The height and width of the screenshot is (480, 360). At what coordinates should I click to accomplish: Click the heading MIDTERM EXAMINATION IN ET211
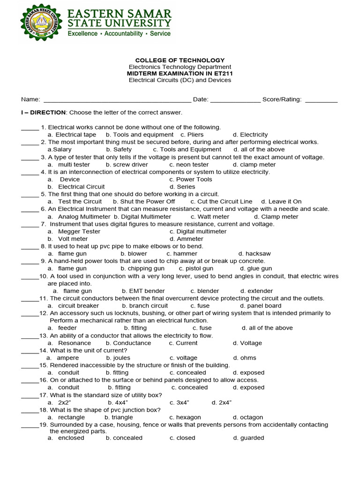coord(180,74)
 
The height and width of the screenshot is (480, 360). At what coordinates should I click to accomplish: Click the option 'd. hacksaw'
coord(255,254)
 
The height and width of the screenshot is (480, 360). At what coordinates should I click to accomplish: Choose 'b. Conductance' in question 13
coord(128,343)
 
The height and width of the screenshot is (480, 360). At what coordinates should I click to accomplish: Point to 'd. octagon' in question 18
coord(248,417)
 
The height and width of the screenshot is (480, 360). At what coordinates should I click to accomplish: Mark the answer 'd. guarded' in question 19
coord(248,438)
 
